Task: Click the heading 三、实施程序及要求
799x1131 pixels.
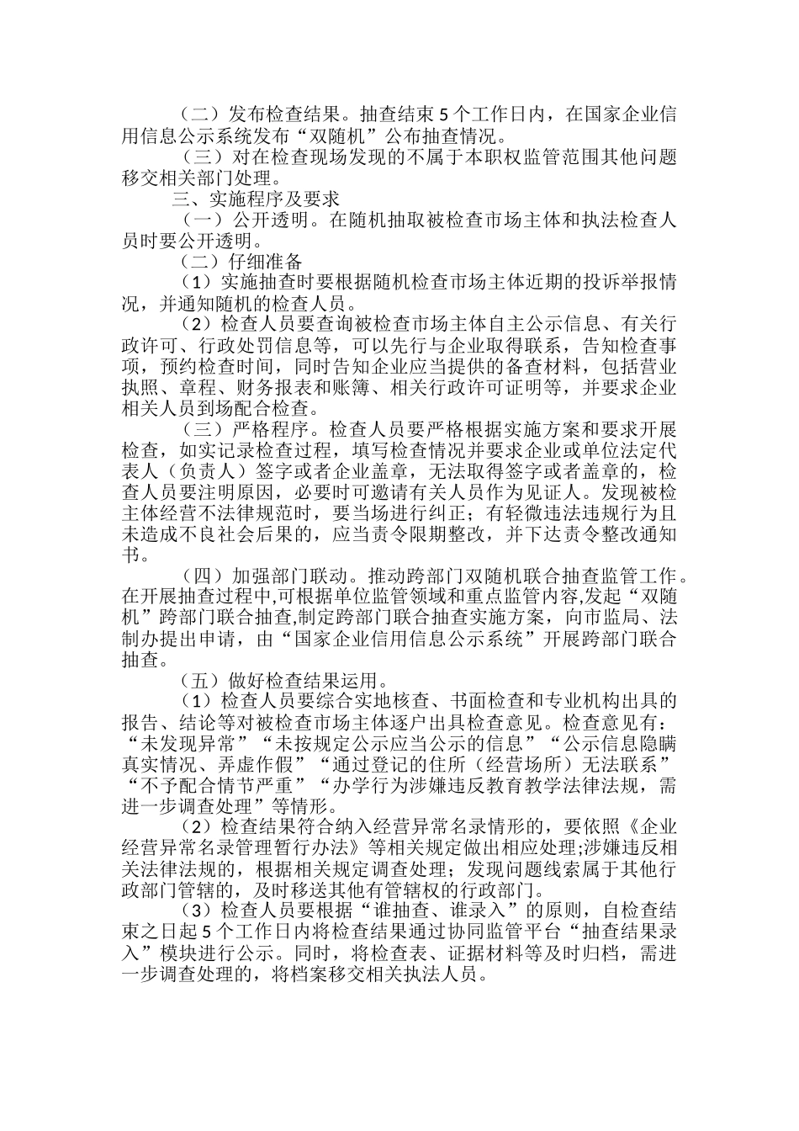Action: tap(256, 200)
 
